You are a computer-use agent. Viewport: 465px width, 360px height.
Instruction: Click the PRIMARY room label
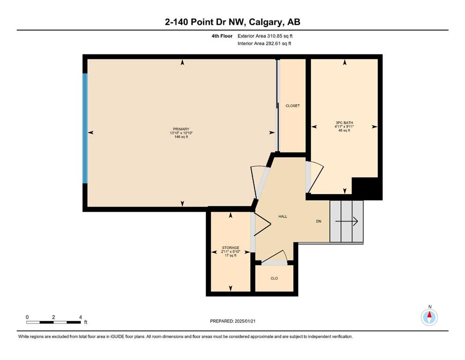pos(181,129)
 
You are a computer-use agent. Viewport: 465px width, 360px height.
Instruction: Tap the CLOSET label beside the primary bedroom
pos(293,105)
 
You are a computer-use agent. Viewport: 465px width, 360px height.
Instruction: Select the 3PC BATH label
pos(344,122)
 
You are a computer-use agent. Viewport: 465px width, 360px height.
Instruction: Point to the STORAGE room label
pos(231,247)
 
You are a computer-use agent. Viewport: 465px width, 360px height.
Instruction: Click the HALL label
pos(283,217)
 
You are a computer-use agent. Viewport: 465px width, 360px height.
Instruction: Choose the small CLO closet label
pos(274,278)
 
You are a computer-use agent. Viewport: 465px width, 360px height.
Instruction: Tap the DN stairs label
pos(318,221)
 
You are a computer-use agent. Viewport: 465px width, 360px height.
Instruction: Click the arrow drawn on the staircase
pos(347,221)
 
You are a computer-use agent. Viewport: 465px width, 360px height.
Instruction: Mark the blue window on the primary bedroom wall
pos(85,128)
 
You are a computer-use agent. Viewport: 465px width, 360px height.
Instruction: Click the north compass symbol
pos(429,317)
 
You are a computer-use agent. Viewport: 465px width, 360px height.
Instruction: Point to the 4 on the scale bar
pos(81,317)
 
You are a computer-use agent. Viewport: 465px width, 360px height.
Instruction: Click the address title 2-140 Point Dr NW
pos(205,22)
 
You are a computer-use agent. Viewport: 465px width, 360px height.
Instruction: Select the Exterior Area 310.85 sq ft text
pos(265,36)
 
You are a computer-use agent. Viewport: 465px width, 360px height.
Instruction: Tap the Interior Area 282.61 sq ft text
pos(264,43)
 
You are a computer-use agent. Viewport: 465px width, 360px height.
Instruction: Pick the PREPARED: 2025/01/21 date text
pos(233,321)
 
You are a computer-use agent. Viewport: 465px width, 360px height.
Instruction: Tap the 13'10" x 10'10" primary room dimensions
pos(181,133)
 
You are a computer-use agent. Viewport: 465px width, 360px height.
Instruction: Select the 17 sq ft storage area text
pos(231,255)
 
